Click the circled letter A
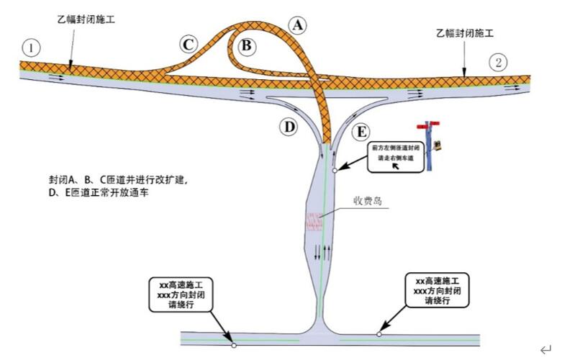pyautogui.click(x=297, y=24)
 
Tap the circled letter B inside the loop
pyautogui.click(x=246, y=46)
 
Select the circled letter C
pyautogui.click(x=189, y=45)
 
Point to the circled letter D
pyautogui.click(x=289, y=127)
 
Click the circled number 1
pyautogui.click(x=30, y=48)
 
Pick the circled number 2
pyautogui.click(x=499, y=62)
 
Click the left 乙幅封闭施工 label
pyautogui.click(x=86, y=19)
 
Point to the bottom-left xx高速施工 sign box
pyautogui.click(x=181, y=294)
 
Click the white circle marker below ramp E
pyautogui.click(x=335, y=171)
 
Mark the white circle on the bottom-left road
pyautogui.click(x=234, y=345)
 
